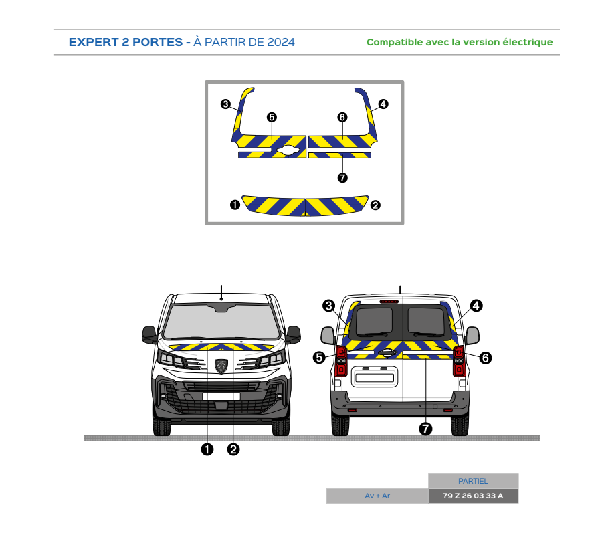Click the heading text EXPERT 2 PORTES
tap(126, 42)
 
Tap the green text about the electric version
tap(460, 42)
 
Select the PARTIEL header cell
tap(473, 481)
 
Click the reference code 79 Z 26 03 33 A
tap(473, 496)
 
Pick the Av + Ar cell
tap(377, 496)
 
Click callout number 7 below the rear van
tap(425, 429)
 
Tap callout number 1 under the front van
tap(207, 449)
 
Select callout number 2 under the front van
tap(233, 449)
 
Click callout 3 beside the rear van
tap(328, 306)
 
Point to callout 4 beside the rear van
tap(476, 306)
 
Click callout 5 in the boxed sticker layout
tap(272, 117)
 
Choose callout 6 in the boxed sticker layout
tap(342, 117)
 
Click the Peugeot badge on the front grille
tap(221, 366)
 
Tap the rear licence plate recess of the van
tap(375, 377)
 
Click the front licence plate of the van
tap(221, 397)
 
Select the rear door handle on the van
tap(387, 352)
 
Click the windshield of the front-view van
tap(221, 322)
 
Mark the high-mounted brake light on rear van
tap(389, 302)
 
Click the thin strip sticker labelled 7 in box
tap(340, 155)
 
